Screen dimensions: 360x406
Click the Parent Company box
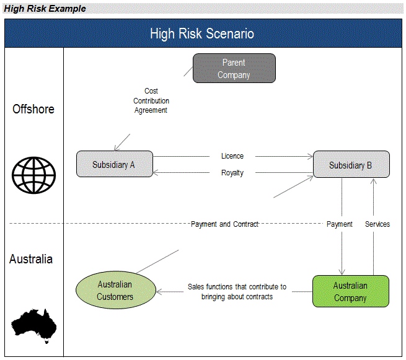pos(234,68)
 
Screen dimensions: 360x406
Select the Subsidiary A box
pos(114,164)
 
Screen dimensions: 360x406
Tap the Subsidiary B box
pos(351,165)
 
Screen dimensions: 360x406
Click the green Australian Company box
pos(350,291)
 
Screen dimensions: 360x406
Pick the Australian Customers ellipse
pos(115,291)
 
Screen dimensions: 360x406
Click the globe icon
pos(34,173)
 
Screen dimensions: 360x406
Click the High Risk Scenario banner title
pos(202,33)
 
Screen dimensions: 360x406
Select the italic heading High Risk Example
pos(45,9)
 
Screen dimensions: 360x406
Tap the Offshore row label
pos(33,109)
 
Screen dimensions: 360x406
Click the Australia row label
pos(31,259)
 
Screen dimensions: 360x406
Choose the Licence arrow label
pos(232,156)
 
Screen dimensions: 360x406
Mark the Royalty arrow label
pos(232,173)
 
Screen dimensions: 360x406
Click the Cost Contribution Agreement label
pos(151,100)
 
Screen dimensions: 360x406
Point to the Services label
pos(377,224)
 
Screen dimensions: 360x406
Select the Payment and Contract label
pos(224,224)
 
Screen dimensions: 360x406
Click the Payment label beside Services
pos(340,224)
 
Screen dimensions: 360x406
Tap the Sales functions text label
pos(237,292)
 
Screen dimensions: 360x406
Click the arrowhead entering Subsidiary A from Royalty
pos(156,173)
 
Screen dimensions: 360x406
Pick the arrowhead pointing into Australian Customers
pos(159,291)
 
